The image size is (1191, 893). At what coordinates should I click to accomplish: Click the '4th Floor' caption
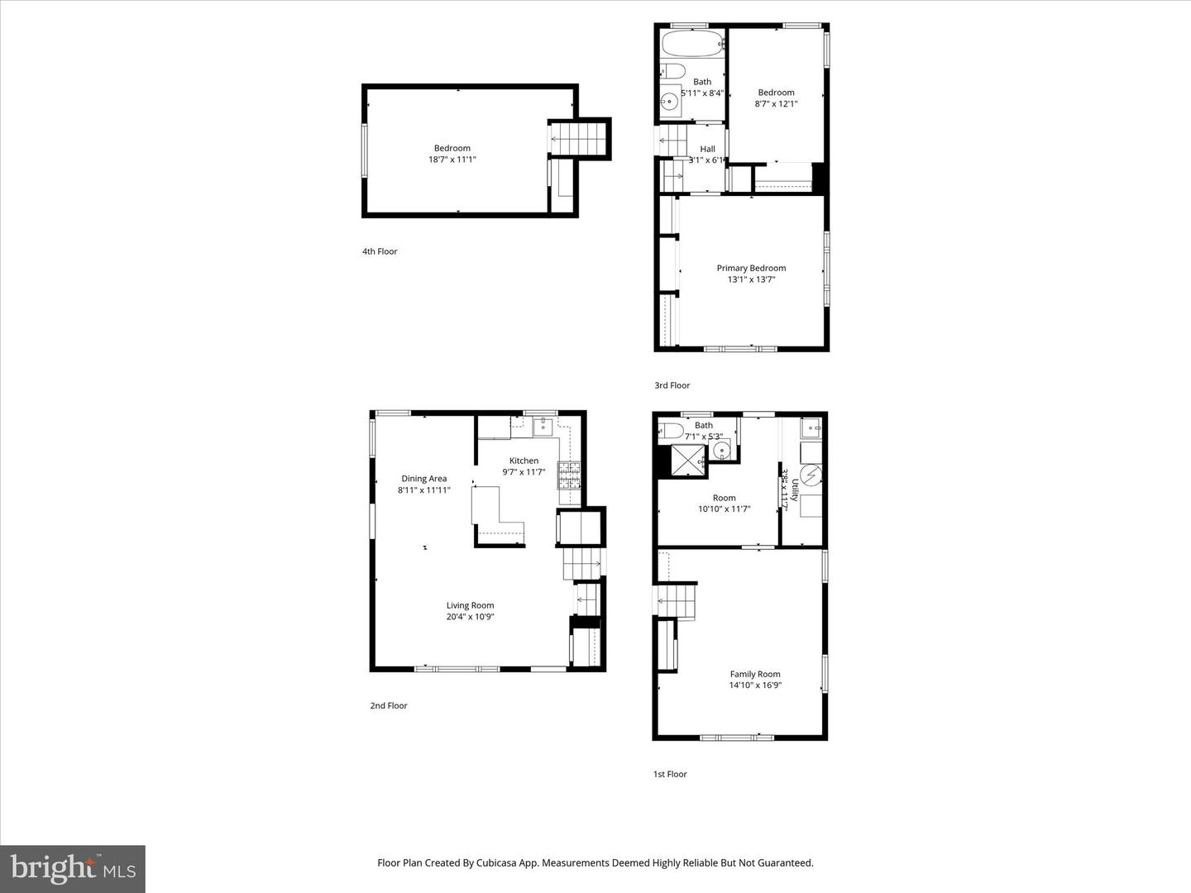(380, 251)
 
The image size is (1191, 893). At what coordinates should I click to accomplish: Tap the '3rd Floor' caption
(672, 385)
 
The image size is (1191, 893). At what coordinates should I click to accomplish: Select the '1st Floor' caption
(670, 774)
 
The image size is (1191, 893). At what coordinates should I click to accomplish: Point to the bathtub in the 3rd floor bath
(692, 43)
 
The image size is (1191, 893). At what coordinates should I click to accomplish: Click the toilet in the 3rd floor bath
(673, 71)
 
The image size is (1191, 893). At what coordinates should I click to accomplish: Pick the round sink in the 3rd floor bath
(669, 102)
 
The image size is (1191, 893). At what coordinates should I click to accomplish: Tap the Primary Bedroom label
(751, 268)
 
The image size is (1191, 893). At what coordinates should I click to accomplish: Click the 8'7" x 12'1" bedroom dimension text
(776, 104)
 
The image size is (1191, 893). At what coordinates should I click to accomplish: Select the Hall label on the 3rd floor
(707, 149)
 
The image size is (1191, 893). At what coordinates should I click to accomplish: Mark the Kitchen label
(524, 461)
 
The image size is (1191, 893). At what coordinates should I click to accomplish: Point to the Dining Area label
(424, 479)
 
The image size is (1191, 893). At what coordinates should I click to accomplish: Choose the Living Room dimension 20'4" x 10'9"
(470, 617)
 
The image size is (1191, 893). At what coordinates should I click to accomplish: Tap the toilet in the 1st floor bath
(671, 430)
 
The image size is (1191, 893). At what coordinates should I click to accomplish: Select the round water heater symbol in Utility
(811, 475)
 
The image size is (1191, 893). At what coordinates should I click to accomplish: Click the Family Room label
(755, 674)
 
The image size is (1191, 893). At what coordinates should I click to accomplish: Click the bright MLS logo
(73, 868)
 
